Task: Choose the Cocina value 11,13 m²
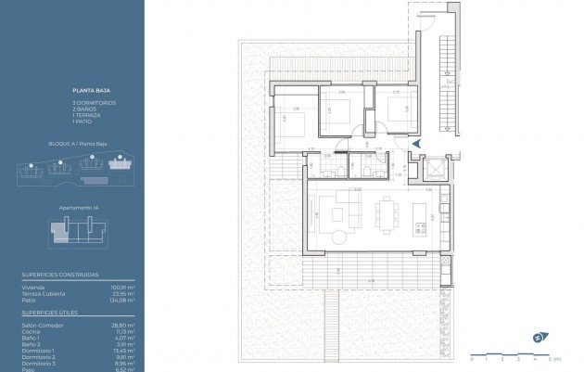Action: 125,331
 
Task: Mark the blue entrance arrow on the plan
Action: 416,144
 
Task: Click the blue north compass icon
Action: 537,338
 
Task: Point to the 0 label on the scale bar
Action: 473,357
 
